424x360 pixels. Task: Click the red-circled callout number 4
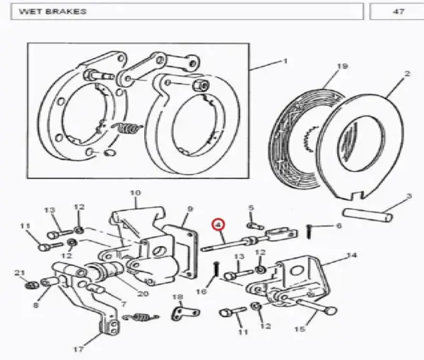218,224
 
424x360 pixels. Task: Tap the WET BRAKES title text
53,11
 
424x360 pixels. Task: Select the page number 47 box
396,11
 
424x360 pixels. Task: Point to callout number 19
342,66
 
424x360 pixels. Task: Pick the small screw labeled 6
310,232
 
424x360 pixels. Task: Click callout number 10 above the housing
136,193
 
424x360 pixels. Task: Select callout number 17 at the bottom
78,349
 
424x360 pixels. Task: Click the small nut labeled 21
32,285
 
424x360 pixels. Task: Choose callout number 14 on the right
351,255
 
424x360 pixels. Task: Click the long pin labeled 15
316,306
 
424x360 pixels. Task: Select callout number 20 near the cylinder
143,294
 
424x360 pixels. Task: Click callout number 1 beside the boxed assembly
285,62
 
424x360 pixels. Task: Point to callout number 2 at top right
408,74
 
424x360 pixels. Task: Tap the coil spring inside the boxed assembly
126,128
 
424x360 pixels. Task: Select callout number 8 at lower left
36,306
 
